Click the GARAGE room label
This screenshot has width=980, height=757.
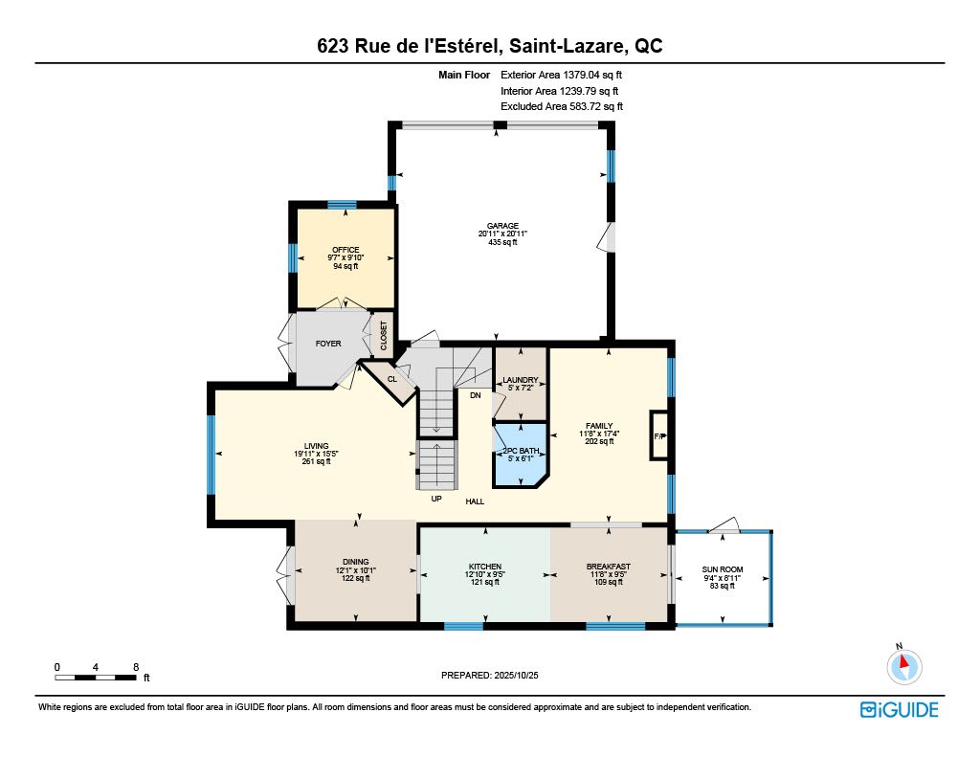click(502, 226)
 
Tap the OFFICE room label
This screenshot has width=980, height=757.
click(345, 250)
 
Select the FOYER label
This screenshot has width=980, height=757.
click(328, 343)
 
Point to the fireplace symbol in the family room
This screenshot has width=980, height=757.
click(658, 436)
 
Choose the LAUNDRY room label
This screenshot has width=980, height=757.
click(520, 380)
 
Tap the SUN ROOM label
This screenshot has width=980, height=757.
click(724, 569)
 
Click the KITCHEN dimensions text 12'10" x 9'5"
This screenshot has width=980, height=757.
click(484, 574)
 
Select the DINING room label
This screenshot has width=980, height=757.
click(355, 562)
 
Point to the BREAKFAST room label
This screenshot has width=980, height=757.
click(608, 567)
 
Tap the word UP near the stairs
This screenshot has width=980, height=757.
click(436, 500)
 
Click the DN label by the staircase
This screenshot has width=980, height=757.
click(475, 394)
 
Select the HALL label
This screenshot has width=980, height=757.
click(476, 501)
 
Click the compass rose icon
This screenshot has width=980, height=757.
click(902, 665)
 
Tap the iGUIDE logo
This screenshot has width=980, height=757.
click(899, 709)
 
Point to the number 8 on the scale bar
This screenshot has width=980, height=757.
click(137, 666)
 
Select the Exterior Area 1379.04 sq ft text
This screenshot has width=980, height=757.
click(567, 74)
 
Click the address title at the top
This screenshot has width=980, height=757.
click(490, 46)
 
